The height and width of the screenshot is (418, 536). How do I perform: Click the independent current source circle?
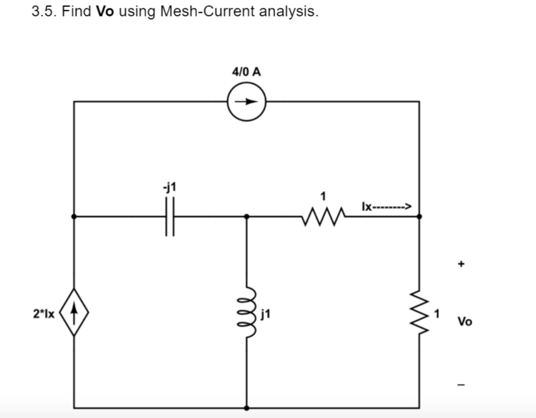[x=247, y=102]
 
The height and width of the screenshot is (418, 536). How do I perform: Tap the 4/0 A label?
[x=246, y=71]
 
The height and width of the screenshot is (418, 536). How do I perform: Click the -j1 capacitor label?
[x=169, y=187]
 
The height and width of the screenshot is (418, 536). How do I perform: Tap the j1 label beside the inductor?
[x=265, y=314]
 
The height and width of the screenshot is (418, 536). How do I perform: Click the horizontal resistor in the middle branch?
[x=323, y=216]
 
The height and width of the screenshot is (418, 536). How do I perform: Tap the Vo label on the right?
[x=465, y=321]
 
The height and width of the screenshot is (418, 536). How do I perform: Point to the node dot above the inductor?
[x=247, y=216]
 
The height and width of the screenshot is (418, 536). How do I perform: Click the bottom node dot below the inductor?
[x=247, y=408]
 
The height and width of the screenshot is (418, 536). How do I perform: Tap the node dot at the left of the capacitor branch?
[x=74, y=216]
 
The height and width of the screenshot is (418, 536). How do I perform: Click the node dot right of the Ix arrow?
[x=419, y=216]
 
